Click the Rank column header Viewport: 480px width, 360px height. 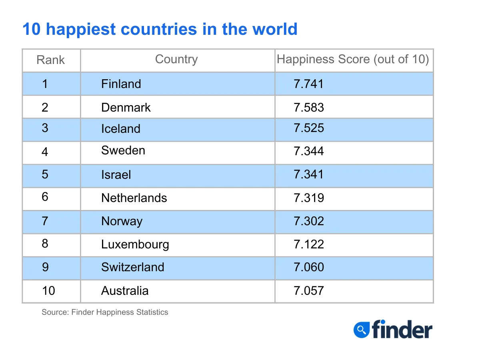point(50,60)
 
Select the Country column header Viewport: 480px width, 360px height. point(176,59)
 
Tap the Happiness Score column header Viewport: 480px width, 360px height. point(353,59)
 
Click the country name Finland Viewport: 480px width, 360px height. point(121,84)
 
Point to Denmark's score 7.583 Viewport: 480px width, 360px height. point(309,107)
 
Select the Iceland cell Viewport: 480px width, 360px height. point(121,129)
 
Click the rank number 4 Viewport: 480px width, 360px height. point(45,152)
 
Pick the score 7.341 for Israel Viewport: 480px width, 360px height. point(309,174)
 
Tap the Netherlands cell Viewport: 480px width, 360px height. point(134,198)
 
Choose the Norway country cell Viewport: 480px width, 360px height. point(122,221)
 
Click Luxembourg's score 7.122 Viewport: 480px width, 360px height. point(309,244)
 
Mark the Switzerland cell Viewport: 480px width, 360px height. point(133,267)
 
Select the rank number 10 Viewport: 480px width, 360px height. point(48,290)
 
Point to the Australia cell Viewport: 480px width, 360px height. point(125,290)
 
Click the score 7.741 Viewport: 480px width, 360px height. point(309,84)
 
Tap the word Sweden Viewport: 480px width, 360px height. point(123,151)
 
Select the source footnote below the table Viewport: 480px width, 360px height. point(105,312)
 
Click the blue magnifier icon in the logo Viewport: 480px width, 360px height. point(362,330)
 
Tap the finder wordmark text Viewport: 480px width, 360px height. point(402,330)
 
